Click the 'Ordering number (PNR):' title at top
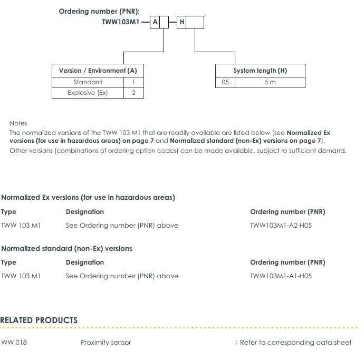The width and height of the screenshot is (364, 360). tap(99, 12)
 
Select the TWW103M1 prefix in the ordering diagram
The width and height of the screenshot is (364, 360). tap(121, 22)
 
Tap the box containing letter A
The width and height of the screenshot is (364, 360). tap(155, 22)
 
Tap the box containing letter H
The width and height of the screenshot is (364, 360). tap(181, 22)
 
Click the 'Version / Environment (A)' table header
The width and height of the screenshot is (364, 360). tap(98, 71)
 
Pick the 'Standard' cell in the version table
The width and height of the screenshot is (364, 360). tap(88, 82)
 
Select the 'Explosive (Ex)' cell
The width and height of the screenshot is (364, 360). tap(88, 93)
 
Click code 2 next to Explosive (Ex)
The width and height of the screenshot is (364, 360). tap(134, 93)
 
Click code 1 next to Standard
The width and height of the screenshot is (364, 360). tap(134, 82)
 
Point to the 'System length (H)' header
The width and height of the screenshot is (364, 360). tap(260, 71)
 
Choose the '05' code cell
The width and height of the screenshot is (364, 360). tap(225, 82)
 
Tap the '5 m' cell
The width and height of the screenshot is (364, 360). tap(270, 82)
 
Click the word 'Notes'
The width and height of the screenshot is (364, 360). tap(18, 123)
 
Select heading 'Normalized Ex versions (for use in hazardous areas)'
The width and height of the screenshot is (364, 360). tap(88, 198)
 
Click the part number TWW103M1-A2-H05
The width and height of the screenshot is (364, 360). tap(281, 225)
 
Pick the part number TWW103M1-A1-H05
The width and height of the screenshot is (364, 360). tap(281, 276)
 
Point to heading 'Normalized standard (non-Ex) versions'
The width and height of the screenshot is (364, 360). tap(67, 248)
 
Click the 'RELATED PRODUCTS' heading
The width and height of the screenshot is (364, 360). tap(39, 320)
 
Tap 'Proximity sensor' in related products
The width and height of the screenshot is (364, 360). tap(106, 342)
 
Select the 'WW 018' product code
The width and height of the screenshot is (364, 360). tap(14, 342)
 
